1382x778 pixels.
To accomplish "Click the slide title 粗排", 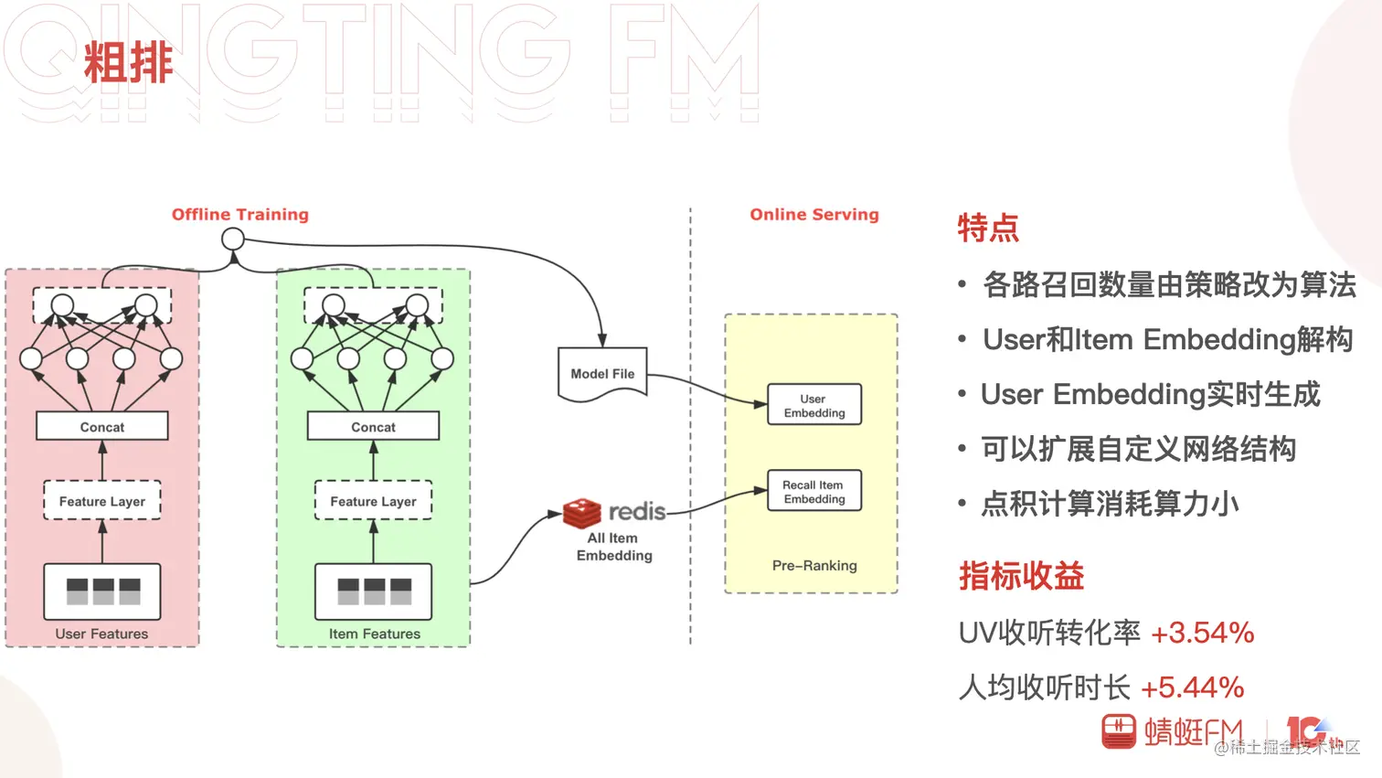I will pyautogui.click(x=129, y=63).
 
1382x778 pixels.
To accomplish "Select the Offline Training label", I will pyautogui.click(x=240, y=214).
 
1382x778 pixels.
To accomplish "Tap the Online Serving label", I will pyautogui.click(x=814, y=214).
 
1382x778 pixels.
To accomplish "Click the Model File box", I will pyautogui.click(x=602, y=373).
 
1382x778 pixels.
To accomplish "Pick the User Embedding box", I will pyautogui.click(x=814, y=405).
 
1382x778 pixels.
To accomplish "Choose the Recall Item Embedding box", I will pyautogui.click(x=814, y=491).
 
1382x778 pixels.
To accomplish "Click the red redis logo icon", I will pyautogui.click(x=581, y=513).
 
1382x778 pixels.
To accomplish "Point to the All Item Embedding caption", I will pyautogui.click(x=614, y=547).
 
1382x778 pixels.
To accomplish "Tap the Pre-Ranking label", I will pyautogui.click(x=814, y=565).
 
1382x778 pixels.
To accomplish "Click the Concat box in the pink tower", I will pyautogui.click(x=102, y=426).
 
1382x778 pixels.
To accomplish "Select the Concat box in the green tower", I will pyautogui.click(x=373, y=426).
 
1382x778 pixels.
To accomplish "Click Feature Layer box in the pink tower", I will pyautogui.click(x=102, y=501).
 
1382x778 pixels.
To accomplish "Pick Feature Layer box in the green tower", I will pyautogui.click(x=373, y=501).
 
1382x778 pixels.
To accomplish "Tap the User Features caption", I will pyautogui.click(x=101, y=634).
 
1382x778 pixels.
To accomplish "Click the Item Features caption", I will pyautogui.click(x=375, y=634).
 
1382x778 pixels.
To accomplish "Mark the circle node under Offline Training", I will pyautogui.click(x=233, y=240).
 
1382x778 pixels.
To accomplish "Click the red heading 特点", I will pyautogui.click(x=988, y=228).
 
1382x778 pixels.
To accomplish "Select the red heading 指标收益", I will pyautogui.click(x=1021, y=576).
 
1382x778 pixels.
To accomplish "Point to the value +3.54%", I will pyautogui.click(x=1202, y=633).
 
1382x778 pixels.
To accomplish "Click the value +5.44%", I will pyautogui.click(x=1192, y=687).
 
